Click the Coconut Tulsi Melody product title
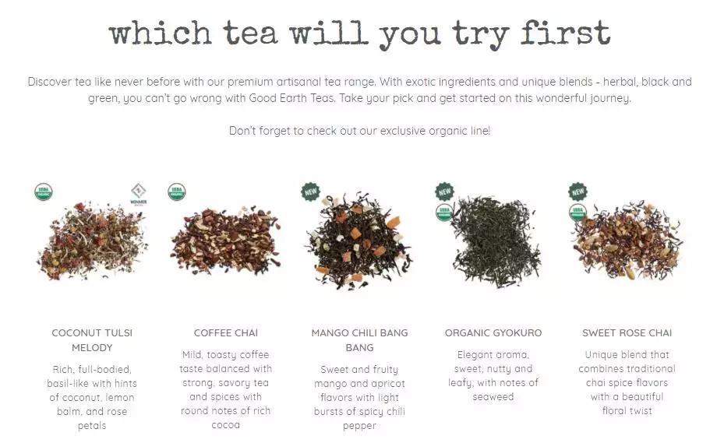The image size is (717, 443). [92, 340]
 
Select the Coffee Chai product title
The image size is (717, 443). [225, 333]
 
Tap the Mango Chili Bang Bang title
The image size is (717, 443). [359, 340]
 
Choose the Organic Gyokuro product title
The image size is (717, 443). [493, 333]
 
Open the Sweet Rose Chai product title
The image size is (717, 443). [627, 333]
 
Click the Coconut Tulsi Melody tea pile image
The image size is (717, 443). [92, 241]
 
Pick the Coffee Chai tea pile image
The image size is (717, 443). [225, 241]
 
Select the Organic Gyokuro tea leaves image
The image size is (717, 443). [493, 242]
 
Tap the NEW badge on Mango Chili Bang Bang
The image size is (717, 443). [311, 192]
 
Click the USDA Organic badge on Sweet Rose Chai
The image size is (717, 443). [577, 213]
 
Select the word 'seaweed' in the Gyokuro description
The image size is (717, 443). [493, 397]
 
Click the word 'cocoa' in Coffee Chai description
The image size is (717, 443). [225, 425]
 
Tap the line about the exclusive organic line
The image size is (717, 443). [359, 131]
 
